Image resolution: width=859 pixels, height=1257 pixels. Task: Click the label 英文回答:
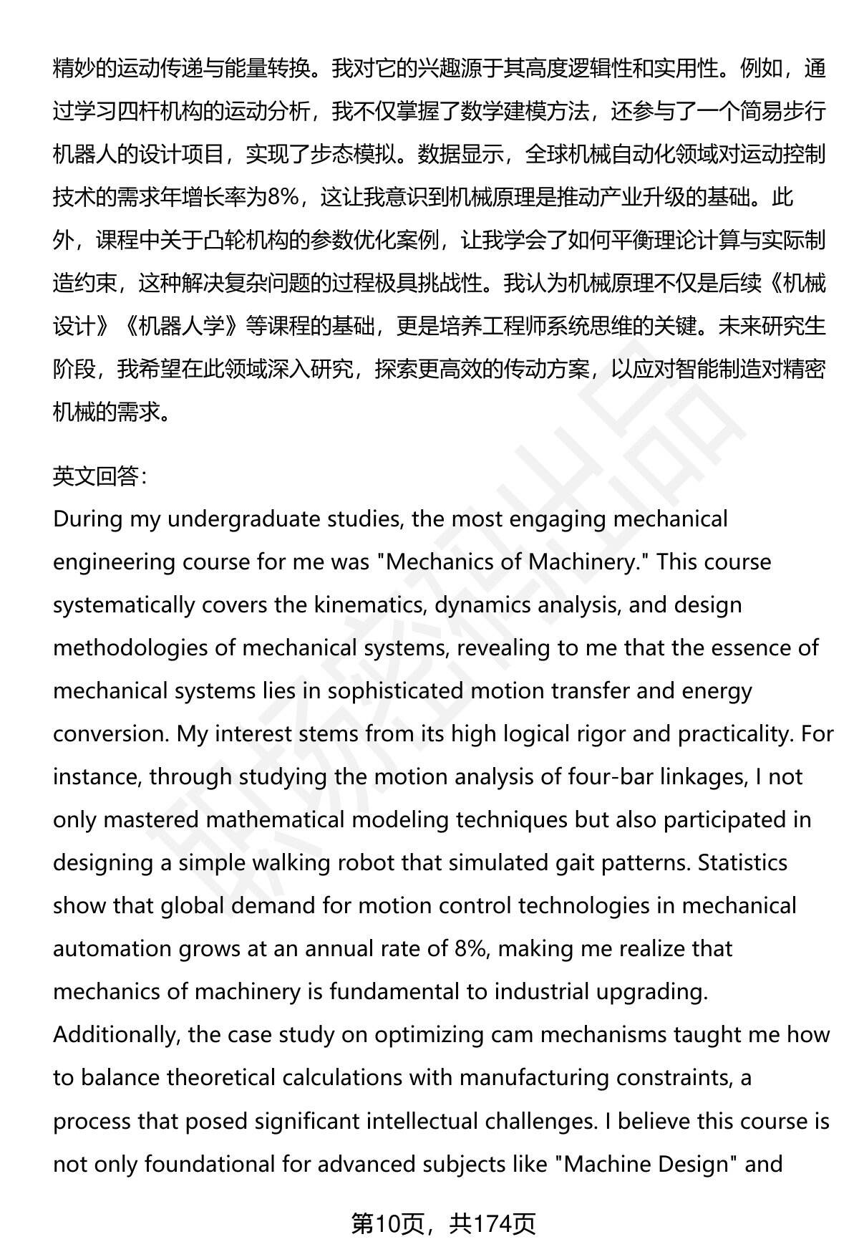(100, 476)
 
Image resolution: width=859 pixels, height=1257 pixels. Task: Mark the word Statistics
(743, 863)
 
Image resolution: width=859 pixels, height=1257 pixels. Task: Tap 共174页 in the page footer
(492, 1224)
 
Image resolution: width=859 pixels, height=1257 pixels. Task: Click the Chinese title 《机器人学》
(180, 326)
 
